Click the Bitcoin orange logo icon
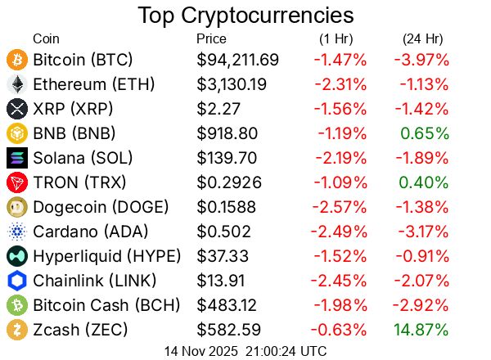point(16,60)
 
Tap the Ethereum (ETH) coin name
point(93,84)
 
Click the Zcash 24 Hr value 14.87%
point(421,330)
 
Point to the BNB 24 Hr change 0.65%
point(425,133)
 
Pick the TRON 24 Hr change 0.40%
point(425,182)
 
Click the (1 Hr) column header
point(337,38)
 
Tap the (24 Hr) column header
point(422,38)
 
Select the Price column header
point(212,38)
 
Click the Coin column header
point(46,38)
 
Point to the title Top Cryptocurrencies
point(245,16)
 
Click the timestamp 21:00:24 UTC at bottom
point(283,351)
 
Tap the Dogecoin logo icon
point(16,207)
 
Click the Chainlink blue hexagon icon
point(16,281)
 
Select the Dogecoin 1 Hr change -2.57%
point(339,207)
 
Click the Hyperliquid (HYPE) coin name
point(106,256)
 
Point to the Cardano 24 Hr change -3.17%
point(421,232)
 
